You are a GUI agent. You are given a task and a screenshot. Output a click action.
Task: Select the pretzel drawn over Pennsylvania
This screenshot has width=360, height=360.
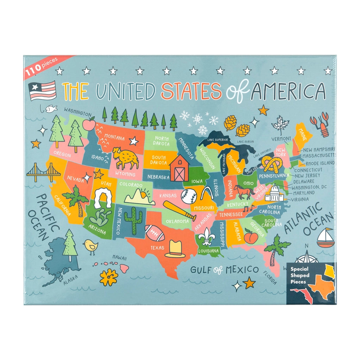click(x=272, y=165)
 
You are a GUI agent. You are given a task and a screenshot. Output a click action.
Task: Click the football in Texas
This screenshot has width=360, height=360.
click(x=155, y=233)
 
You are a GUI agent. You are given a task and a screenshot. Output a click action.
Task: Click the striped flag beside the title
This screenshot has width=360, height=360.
click(x=43, y=91)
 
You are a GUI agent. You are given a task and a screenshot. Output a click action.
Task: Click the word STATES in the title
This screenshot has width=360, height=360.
click(x=191, y=91)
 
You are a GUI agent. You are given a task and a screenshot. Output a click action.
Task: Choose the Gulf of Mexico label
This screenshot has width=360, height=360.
click(x=224, y=270)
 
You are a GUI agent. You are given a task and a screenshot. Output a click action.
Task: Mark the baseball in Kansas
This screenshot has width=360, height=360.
click(x=188, y=197)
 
